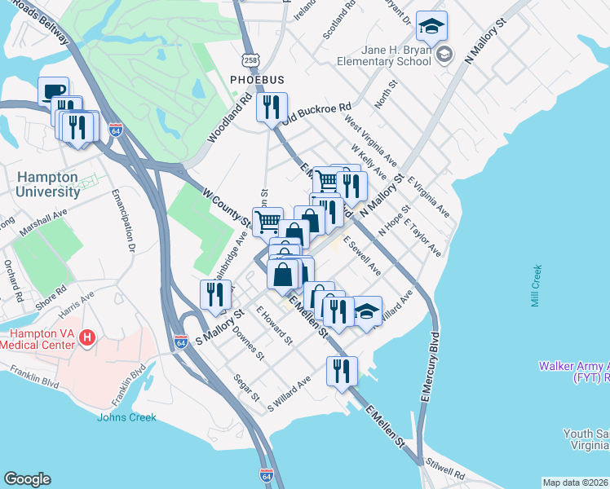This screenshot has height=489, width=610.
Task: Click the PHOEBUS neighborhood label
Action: pyautogui.click(x=256, y=81)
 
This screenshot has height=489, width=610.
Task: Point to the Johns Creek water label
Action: pyautogui.click(x=126, y=418)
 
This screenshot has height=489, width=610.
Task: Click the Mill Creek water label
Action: pyautogui.click(x=536, y=285)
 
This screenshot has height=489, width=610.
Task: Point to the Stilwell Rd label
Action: pyautogui.click(x=446, y=474)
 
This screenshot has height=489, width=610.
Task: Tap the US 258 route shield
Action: pyautogui.click(x=250, y=61)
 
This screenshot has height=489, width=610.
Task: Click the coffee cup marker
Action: pyautogui.click(x=54, y=91)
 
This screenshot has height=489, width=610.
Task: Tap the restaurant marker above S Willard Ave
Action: pyautogui.click(x=342, y=370)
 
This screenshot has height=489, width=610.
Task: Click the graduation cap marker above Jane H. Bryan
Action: pyautogui.click(x=430, y=26)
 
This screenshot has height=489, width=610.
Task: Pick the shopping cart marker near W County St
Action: pyautogui.click(x=267, y=221)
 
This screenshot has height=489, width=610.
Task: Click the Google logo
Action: pyautogui.click(x=27, y=479)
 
